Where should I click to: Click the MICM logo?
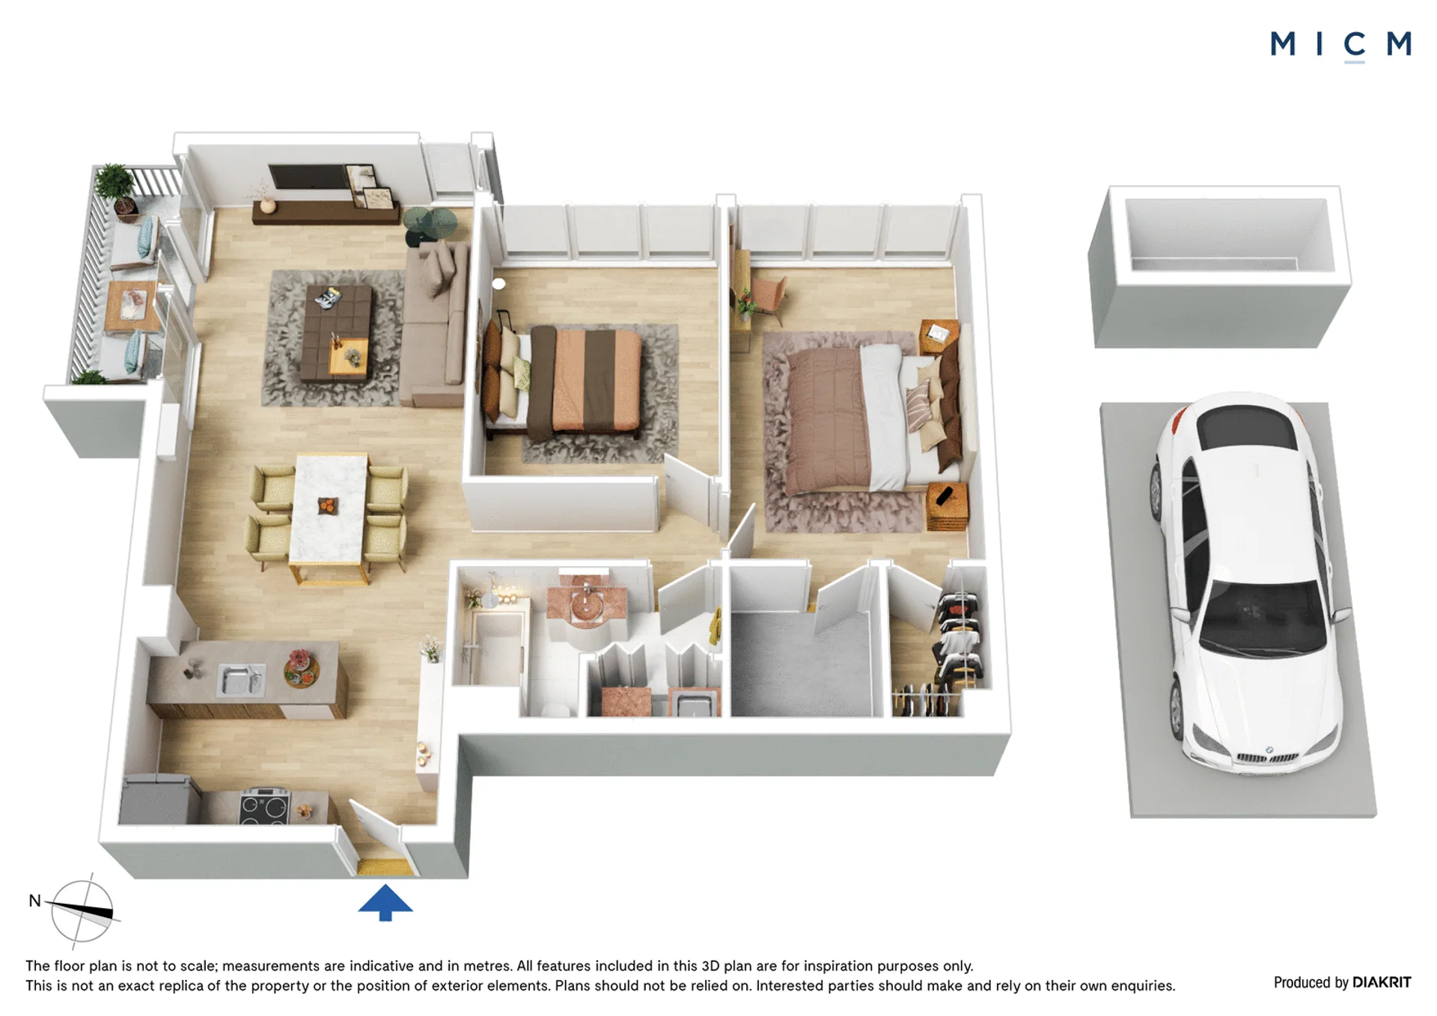pyautogui.click(x=1340, y=45)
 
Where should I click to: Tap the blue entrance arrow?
pyautogui.click(x=385, y=901)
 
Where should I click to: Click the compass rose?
pyautogui.click(x=82, y=910)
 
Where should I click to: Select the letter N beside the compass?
pyautogui.click(x=34, y=900)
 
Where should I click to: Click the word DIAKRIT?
pyautogui.click(x=1382, y=982)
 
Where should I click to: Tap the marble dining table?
pyautogui.click(x=329, y=509)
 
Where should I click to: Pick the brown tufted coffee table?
pyautogui.click(x=336, y=331)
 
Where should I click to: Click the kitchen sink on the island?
pyautogui.click(x=240, y=679)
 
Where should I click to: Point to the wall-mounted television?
pyautogui.click(x=308, y=177)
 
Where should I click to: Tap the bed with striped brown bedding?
pyautogui.click(x=563, y=382)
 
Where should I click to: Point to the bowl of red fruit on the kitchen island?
pyautogui.click(x=301, y=669)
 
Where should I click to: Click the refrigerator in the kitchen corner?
pyautogui.click(x=159, y=799)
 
